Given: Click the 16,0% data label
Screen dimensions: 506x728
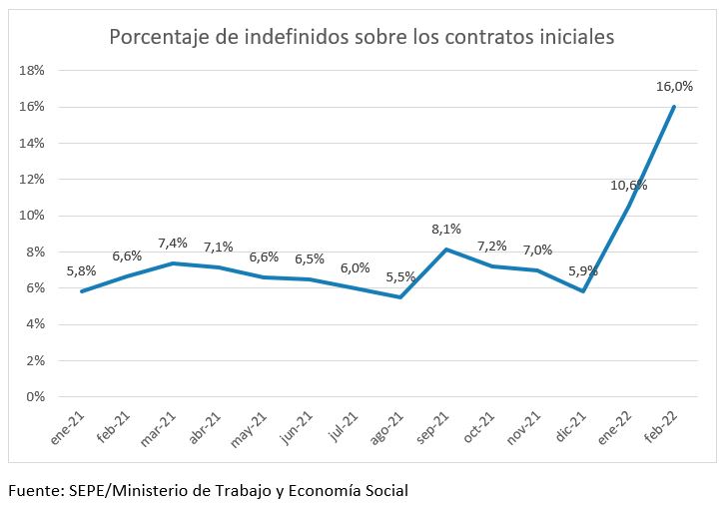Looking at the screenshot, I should coord(674,88).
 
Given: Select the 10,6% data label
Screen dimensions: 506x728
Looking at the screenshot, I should coord(629,185).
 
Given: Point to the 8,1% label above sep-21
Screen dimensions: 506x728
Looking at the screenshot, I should coord(445,229).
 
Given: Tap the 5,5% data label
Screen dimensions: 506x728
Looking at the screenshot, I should coord(400,276).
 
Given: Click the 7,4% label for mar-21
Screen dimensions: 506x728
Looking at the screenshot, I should coord(172,243).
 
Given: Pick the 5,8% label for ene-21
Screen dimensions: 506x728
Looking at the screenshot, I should coord(82,269).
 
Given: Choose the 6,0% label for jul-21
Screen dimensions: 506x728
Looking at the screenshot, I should coord(355,267).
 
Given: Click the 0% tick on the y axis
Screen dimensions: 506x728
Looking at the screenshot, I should coord(36,396).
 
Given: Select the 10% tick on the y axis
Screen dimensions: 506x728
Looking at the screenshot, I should coord(33,216).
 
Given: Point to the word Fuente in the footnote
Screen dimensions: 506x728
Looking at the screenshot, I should coord(36,490).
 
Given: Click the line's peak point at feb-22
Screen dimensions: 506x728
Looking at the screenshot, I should coord(674,107).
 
